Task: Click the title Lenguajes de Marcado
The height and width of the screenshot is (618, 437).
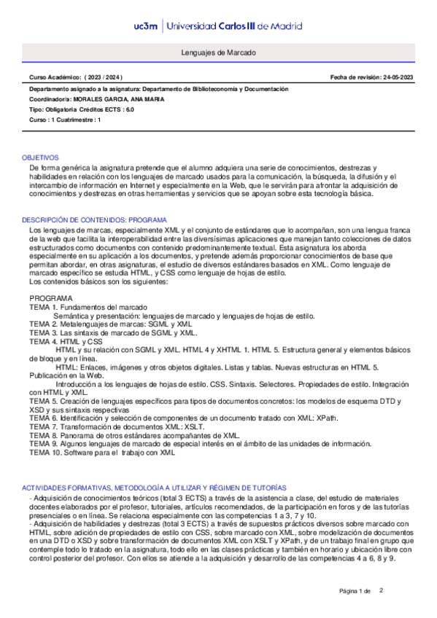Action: pyautogui.click(x=218, y=54)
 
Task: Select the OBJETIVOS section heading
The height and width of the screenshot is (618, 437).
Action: pyautogui.click(x=40, y=157)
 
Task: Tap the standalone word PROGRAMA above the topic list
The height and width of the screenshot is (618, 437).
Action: pyautogui.click(x=51, y=299)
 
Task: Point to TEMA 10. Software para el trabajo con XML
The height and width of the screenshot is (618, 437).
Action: pyautogui.click(x=102, y=453)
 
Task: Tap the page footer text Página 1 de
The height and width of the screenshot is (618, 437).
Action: pyautogui.click(x=355, y=590)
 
